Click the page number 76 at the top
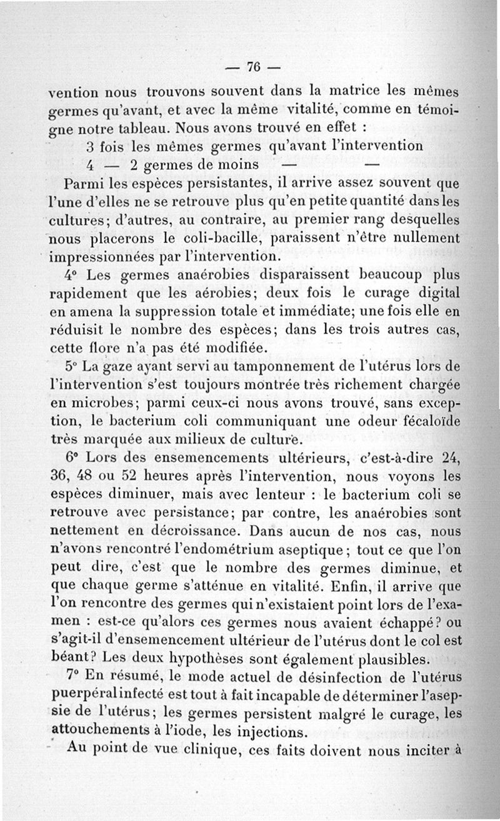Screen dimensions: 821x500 click(x=252, y=67)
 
